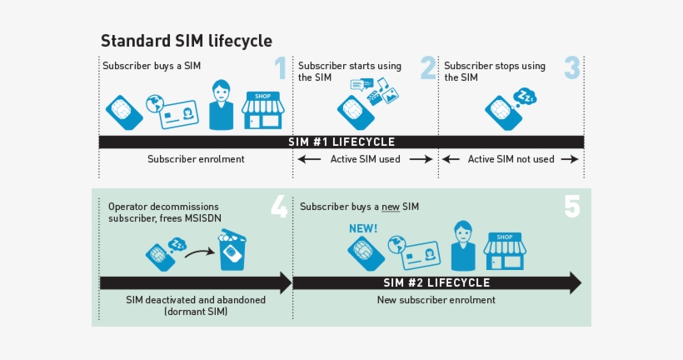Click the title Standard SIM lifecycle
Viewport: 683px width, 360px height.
(186, 41)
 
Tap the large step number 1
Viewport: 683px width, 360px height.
(281, 68)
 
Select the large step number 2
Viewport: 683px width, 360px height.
(428, 68)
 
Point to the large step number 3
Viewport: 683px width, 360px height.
(571, 68)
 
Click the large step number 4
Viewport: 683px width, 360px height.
(279, 206)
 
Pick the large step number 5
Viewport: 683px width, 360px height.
(571, 206)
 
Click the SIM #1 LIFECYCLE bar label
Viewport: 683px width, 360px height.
(341, 142)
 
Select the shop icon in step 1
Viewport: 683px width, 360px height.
(262, 110)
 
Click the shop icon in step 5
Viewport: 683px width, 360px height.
(504, 249)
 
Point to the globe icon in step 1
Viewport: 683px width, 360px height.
(153, 105)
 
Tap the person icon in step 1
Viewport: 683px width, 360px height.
(221, 105)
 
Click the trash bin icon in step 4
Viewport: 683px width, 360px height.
(232, 251)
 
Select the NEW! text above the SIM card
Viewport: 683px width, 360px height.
(362, 227)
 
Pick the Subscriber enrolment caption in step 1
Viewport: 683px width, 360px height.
(196, 159)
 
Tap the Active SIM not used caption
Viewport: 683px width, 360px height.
(511, 159)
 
